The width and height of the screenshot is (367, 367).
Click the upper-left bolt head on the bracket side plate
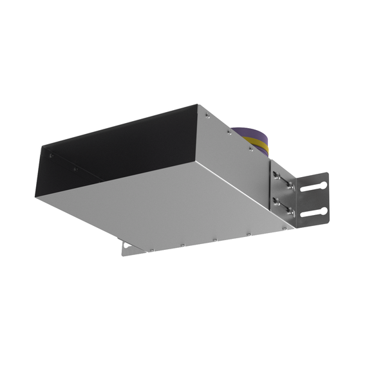(277, 176)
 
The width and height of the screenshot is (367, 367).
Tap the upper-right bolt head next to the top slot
(290, 185)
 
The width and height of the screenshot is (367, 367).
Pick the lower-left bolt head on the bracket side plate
(277, 200)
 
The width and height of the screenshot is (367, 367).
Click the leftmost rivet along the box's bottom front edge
(151, 250)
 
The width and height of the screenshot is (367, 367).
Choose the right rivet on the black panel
(75, 169)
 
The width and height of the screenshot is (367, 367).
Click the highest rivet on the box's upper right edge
(206, 116)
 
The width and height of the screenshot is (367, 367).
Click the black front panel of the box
(116, 145)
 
